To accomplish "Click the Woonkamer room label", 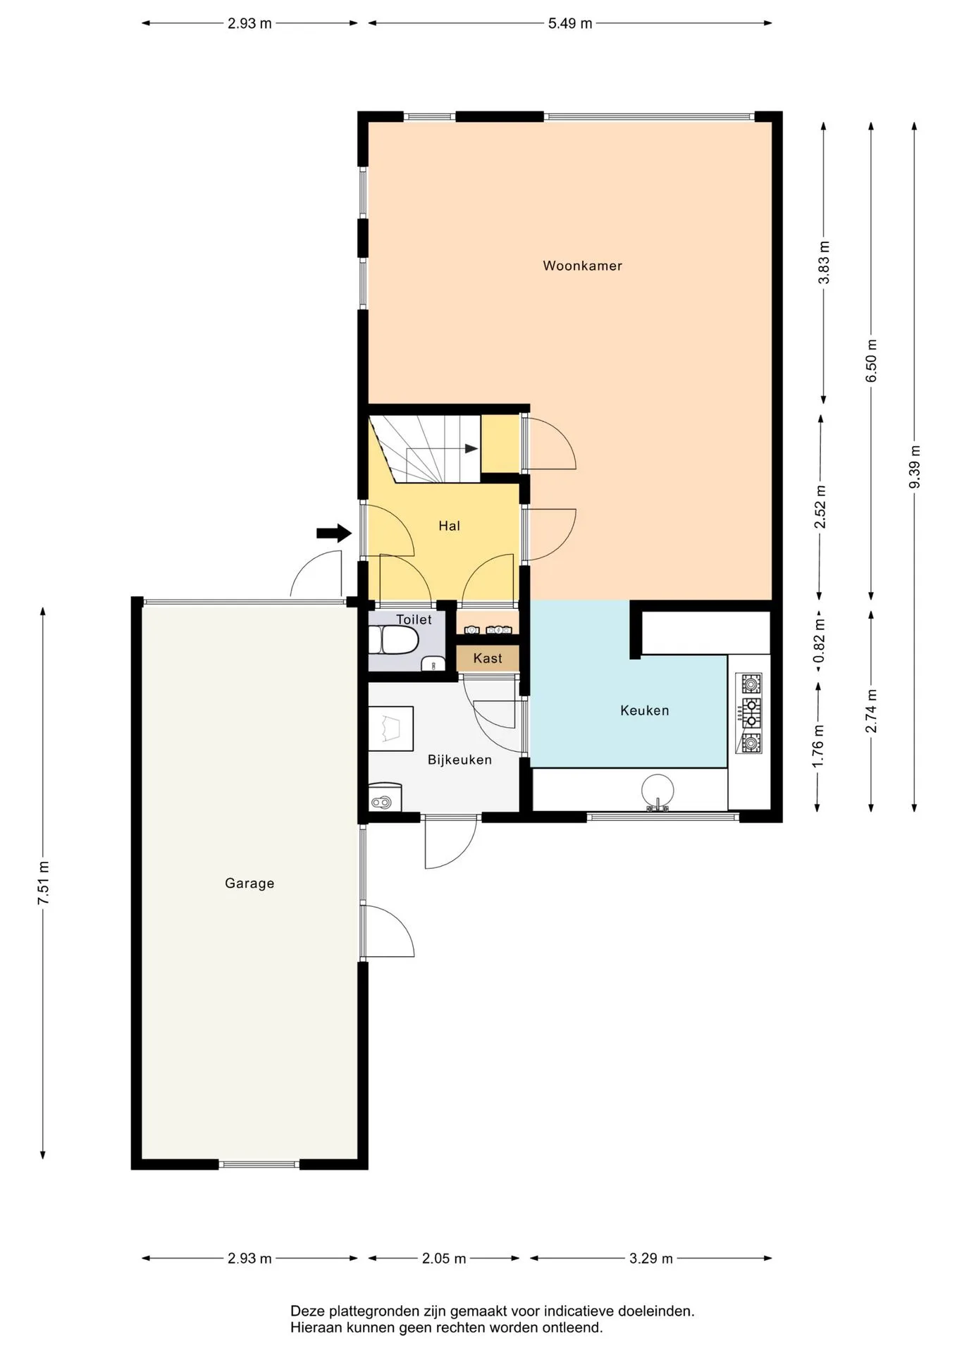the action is coord(582,266).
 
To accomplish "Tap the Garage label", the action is coord(249,883).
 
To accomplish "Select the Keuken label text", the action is coord(644,710).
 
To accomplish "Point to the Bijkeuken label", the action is coord(459,760).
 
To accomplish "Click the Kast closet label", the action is coord(488,658).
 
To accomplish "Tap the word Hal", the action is coord(449,526).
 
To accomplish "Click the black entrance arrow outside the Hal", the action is coord(334,533).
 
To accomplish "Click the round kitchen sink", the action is coord(657,790).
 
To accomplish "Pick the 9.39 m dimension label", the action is coord(914,467).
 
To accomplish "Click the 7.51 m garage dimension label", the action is coord(43,883).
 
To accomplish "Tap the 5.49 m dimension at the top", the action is coord(570,23).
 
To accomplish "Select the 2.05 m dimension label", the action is coord(444,1259).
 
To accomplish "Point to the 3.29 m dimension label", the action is coord(651,1259).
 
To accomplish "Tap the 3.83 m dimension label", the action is coord(823,262).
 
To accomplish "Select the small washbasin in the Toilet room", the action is coord(433,663).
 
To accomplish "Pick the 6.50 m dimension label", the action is coord(871,361).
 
